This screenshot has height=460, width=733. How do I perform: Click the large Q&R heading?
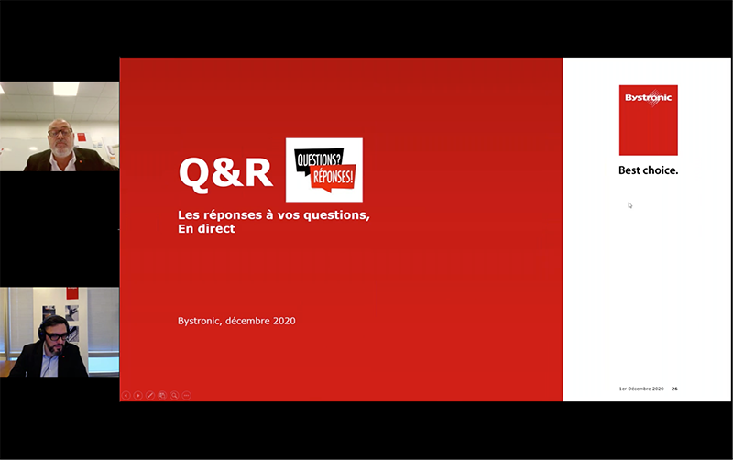[x=225, y=173]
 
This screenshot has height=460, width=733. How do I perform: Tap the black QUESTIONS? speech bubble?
[x=319, y=160]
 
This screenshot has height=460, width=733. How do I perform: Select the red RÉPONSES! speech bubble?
[x=334, y=177]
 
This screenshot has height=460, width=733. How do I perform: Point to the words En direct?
[x=206, y=228]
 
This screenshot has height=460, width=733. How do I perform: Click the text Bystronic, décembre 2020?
[x=236, y=321]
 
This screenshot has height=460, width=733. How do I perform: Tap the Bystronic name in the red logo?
[x=649, y=97]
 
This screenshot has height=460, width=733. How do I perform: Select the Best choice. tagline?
[x=648, y=170]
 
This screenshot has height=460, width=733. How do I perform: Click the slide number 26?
[x=674, y=389]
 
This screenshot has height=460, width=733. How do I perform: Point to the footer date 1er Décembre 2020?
[x=641, y=389]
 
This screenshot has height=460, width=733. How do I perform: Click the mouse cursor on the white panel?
[x=629, y=204]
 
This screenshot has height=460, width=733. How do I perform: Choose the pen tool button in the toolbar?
[x=150, y=396]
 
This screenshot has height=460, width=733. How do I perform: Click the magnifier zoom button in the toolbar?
[x=174, y=396]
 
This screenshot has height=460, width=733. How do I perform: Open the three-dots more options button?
[x=187, y=396]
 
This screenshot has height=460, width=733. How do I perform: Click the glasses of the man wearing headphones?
[x=57, y=336]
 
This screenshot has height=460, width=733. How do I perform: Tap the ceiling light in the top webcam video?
[x=66, y=88]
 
